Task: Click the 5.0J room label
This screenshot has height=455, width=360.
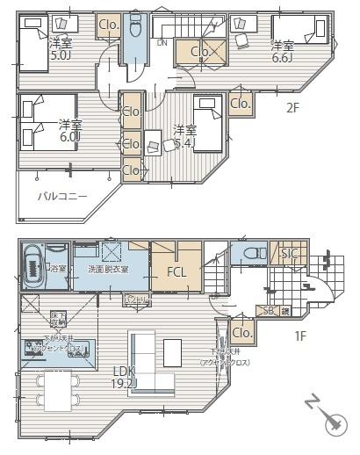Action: [60, 49]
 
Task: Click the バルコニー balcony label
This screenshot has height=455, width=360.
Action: [61, 196]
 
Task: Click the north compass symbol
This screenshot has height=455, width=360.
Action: [331, 424]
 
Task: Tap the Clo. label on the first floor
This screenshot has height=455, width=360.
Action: [242, 333]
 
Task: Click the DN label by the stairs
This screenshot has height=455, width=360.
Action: [162, 42]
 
